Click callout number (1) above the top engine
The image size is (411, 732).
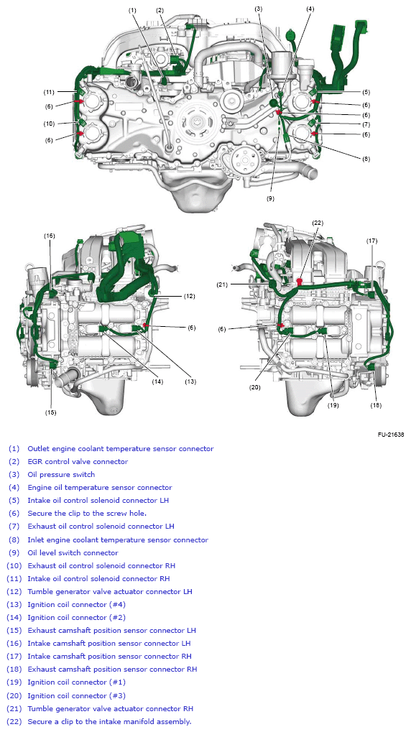pyautogui.click(x=133, y=10)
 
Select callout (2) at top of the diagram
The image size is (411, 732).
pyautogui.click(x=160, y=10)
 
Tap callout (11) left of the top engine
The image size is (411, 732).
pyautogui.click(x=49, y=92)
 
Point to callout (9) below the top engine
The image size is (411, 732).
pyautogui.click(x=270, y=198)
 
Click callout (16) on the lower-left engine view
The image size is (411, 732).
pyautogui.click(x=50, y=236)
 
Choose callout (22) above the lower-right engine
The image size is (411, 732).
pyautogui.click(x=318, y=222)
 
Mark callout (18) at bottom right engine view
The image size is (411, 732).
pyautogui.click(x=376, y=405)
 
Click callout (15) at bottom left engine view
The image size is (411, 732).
pyautogui.click(x=50, y=412)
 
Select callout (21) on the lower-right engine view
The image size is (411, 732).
pyautogui.click(x=222, y=285)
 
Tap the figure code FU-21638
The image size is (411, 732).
pyautogui.click(x=390, y=434)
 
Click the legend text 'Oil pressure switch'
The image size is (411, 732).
pyautogui.click(x=61, y=475)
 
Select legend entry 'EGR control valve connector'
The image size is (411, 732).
pyautogui.click(x=78, y=462)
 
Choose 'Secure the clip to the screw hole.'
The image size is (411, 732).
pyautogui.click(x=87, y=514)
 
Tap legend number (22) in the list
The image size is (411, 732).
pyautogui.click(x=14, y=721)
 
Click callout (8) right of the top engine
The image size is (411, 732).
pyautogui.click(x=366, y=159)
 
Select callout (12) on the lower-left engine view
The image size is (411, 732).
pyautogui.click(x=188, y=296)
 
